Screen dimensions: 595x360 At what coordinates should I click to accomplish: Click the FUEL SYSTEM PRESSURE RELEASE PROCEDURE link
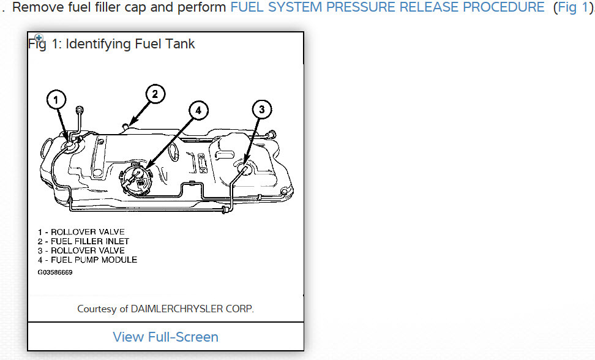(387, 8)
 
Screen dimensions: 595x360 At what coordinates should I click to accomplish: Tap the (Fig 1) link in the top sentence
(572, 8)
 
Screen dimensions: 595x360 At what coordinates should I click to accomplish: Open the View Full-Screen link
(165, 337)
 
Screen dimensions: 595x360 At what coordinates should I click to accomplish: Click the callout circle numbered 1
(57, 99)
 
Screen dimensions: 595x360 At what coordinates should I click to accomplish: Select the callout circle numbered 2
(155, 94)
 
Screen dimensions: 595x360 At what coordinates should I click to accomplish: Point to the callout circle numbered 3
(261, 110)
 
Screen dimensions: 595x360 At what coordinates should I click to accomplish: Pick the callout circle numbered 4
(198, 111)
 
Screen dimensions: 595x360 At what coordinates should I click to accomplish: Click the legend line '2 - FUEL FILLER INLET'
(83, 241)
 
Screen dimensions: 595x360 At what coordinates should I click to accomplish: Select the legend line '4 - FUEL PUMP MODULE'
(87, 260)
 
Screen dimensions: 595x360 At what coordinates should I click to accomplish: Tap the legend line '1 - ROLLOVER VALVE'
(80, 232)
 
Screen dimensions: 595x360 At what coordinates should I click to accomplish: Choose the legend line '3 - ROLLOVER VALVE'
(80, 250)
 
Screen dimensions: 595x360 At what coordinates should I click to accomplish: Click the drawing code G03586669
(54, 272)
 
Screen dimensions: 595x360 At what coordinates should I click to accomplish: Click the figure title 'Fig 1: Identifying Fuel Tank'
(112, 44)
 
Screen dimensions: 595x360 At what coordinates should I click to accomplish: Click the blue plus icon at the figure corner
(39, 38)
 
